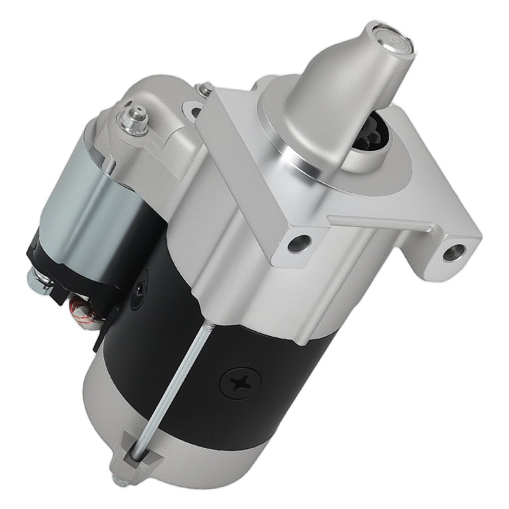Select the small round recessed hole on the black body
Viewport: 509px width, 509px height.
pos(138,289)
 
